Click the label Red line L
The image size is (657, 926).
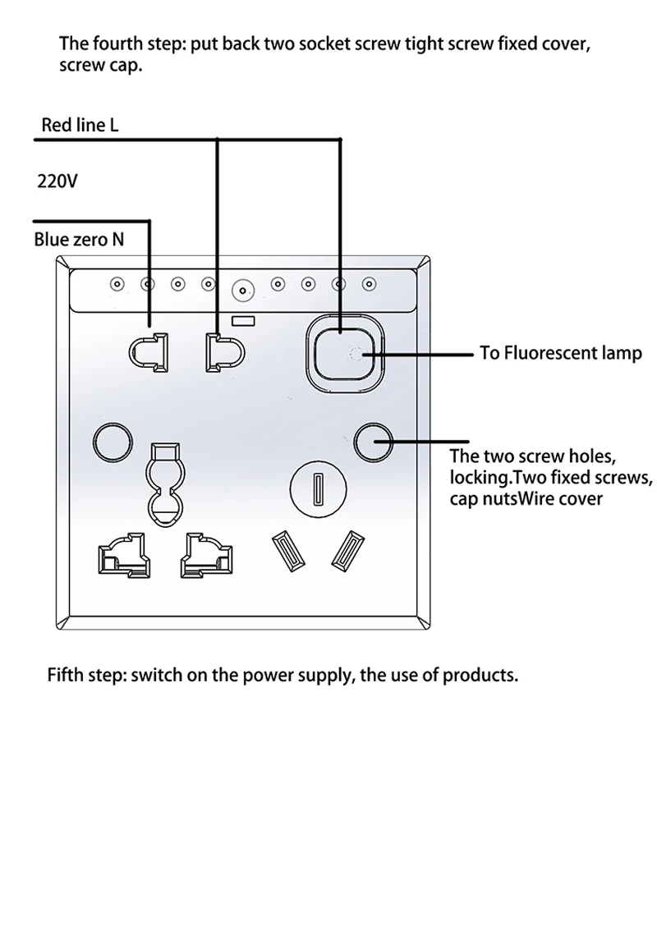tap(80, 125)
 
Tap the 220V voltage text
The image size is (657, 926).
tap(57, 181)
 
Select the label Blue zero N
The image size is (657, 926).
tap(79, 239)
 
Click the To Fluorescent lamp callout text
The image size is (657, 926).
tap(561, 353)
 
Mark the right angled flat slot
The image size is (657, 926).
tap(348, 551)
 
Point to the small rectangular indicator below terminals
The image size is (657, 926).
tap(243, 321)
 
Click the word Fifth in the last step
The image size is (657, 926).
tap(67, 675)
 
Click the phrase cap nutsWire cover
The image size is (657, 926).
tap(526, 499)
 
